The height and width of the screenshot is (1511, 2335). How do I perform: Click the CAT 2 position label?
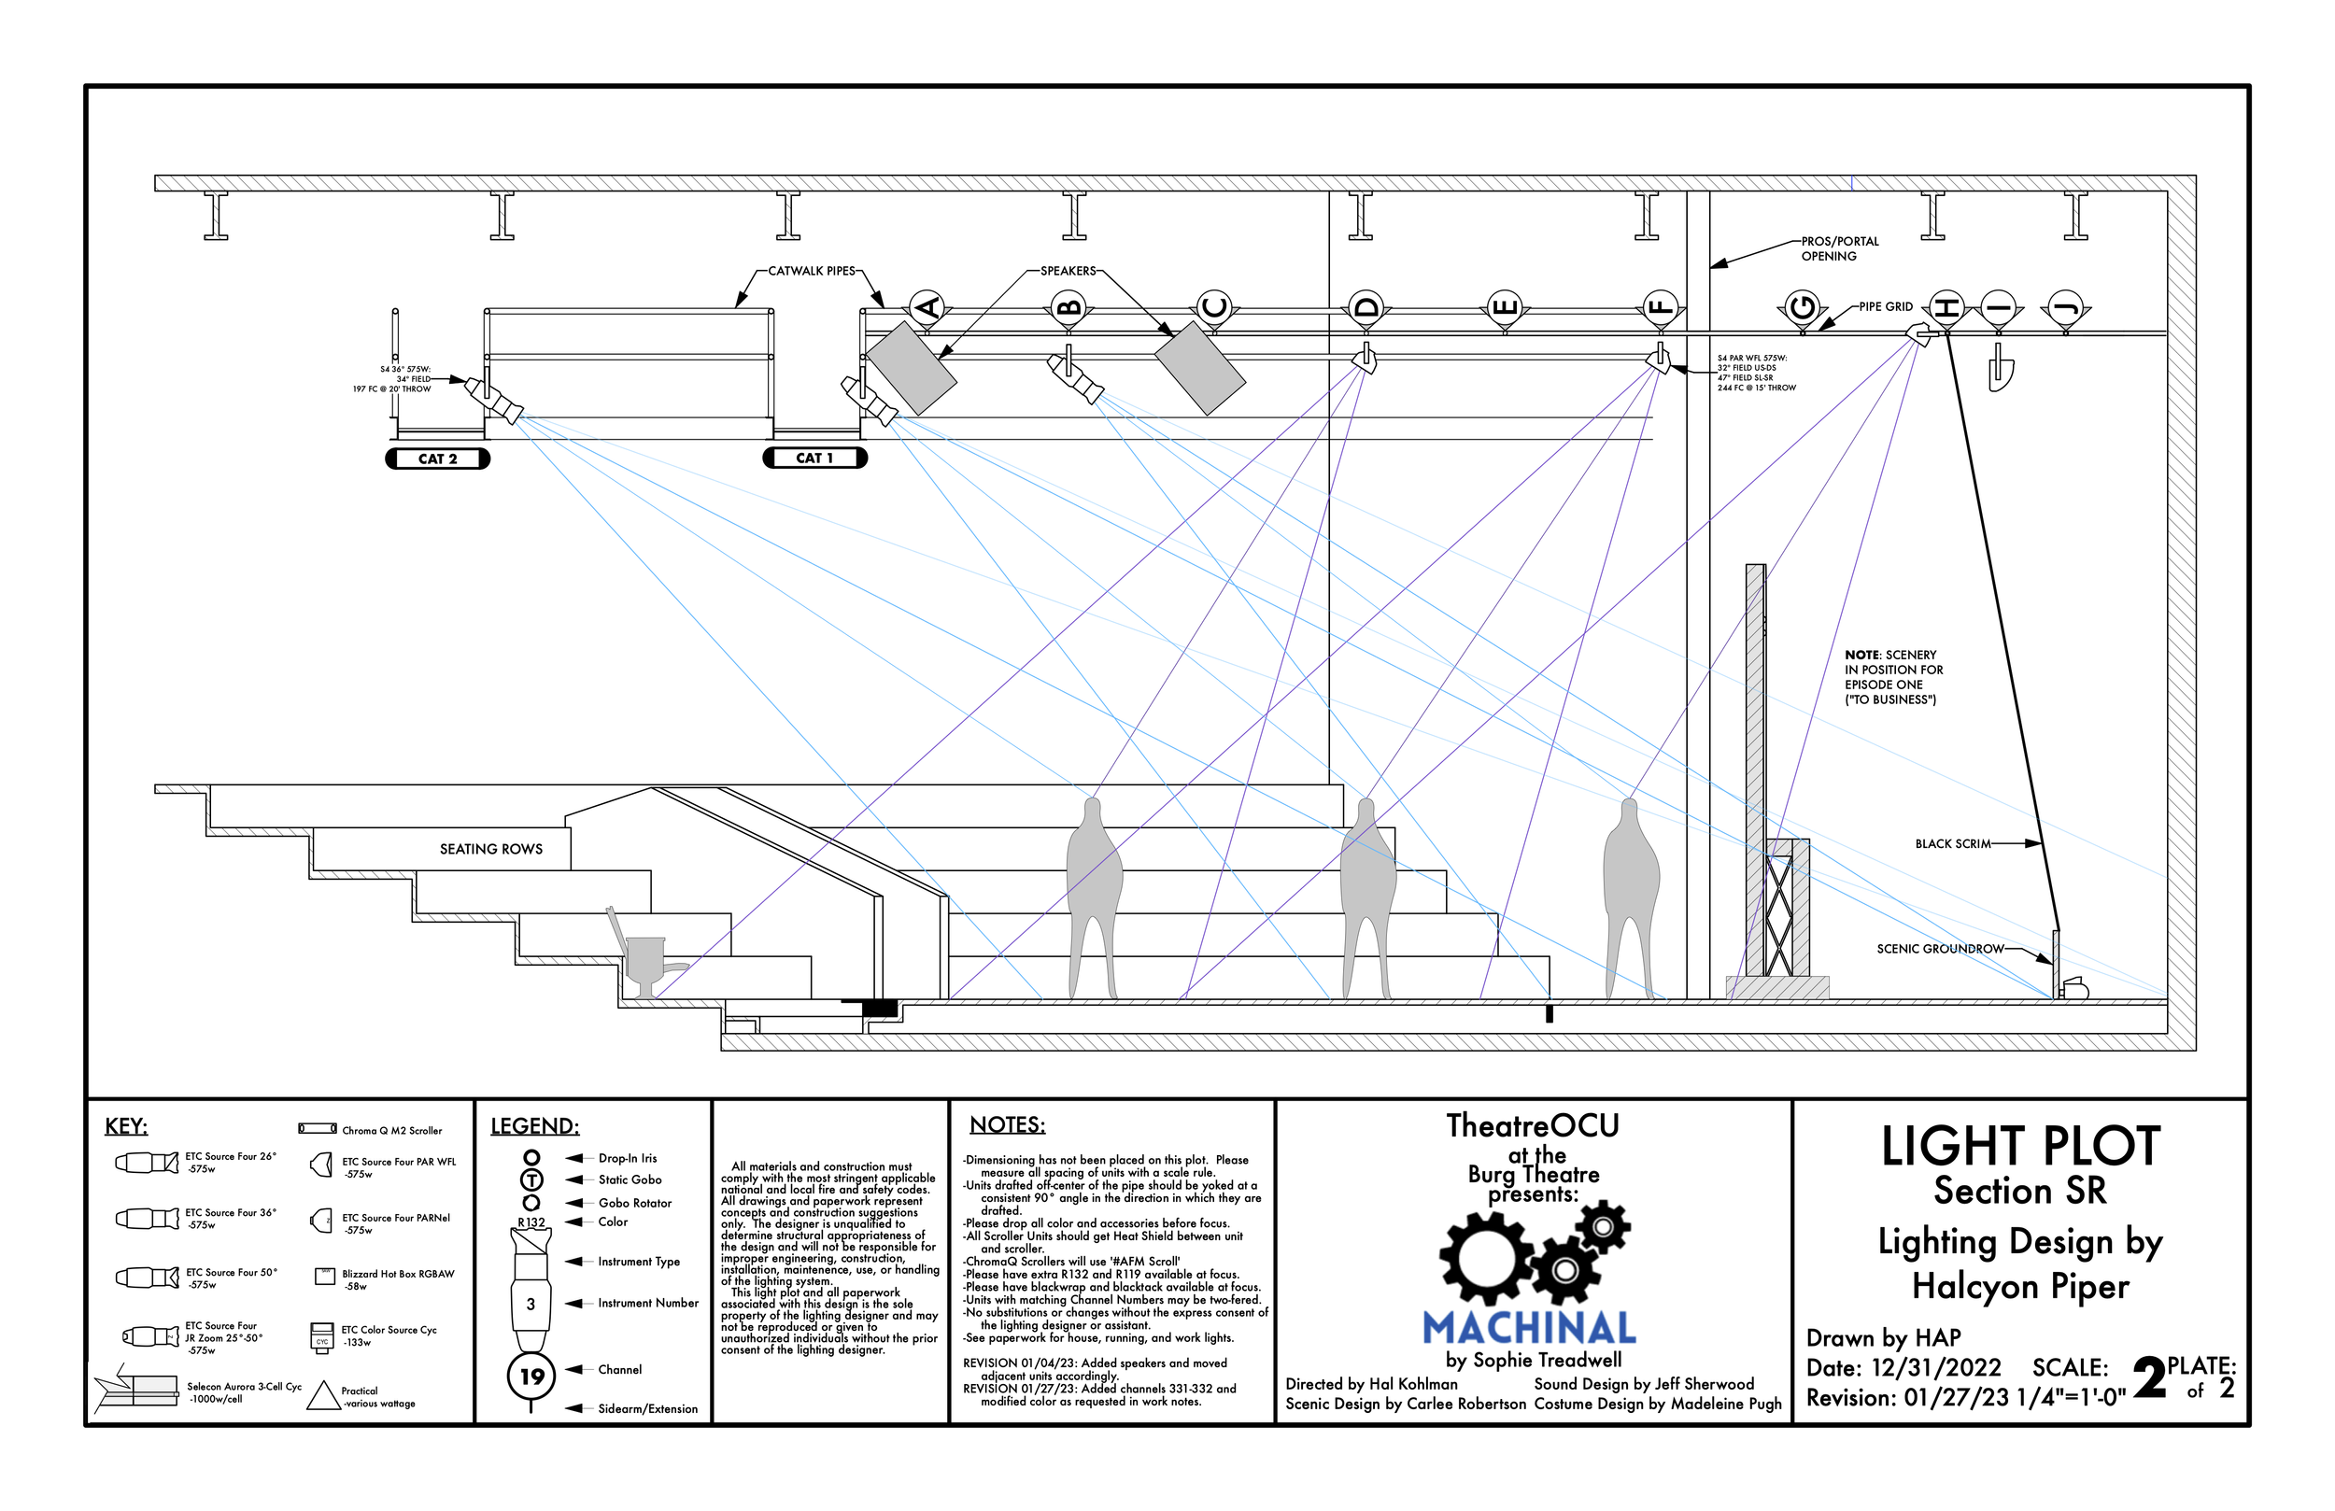click(x=437, y=459)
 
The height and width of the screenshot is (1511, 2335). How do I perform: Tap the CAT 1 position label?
click(x=814, y=458)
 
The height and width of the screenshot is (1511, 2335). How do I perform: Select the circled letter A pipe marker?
click(x=927, y=308)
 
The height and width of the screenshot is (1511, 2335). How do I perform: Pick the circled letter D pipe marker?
click(x=1364, y=308)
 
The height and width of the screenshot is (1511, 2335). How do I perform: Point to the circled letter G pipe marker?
click(x=1802, y=308)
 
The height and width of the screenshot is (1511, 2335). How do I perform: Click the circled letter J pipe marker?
click(x=2065, y=308)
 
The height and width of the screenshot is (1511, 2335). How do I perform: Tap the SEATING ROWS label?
click(x=490, y=849)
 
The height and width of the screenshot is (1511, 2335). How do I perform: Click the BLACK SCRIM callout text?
click(x=1952, y=844)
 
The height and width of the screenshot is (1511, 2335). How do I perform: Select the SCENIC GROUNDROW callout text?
click(x=1940, y=949)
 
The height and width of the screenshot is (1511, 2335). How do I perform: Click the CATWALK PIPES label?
click(x=812, y=271)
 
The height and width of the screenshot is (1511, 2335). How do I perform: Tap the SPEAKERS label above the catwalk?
click(x=1068, y=271)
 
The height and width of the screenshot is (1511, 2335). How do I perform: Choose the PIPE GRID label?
click(x=1885, y=306)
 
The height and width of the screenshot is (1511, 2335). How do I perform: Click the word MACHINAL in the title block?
click(x=1530, y=1329)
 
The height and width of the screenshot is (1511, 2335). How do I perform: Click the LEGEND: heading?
click(x=534, y=1126)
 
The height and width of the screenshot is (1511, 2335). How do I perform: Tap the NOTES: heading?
click(x=1008, y=1125)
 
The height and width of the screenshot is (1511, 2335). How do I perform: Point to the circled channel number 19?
click(x=531, y=1376)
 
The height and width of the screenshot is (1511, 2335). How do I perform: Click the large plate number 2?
click(x=2148, y=1378)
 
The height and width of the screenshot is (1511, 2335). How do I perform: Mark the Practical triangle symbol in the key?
click(x=323, y=1396)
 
